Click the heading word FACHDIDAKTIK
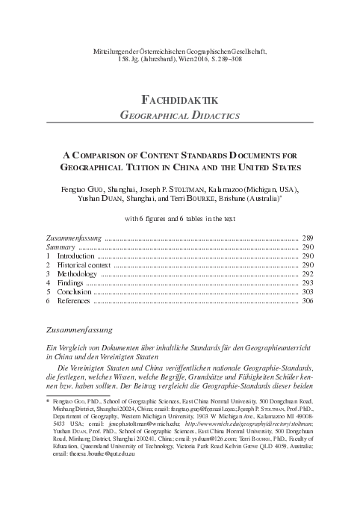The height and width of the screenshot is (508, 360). click(179, 99)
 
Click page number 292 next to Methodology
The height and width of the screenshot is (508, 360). click(308, 275)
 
